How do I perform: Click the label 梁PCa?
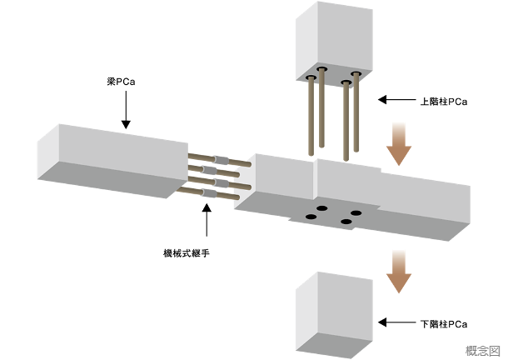(x=121, y=82)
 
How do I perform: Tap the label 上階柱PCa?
(x=444, y=102)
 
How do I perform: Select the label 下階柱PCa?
(x=444, y=324)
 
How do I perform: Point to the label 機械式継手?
(x=187, y=253)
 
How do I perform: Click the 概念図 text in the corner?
(x=483, y=351)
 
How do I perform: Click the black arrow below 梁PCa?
(x=126, y=110)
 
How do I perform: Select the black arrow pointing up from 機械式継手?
(x=207, y=219)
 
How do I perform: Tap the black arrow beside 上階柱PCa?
(x=397, y=99)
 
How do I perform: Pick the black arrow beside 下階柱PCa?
(x=397, y=322)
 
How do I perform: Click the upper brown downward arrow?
(x=399, y=144)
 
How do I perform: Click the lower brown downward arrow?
(x=399, y=272)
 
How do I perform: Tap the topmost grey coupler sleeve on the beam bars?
(x=222, y=160)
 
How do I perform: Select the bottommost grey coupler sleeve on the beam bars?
(x=209, y=193)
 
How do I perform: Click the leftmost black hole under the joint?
(x=311, y=217)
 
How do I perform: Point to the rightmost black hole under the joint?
(x=356, y=213)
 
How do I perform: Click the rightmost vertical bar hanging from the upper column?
(x=356, y=112)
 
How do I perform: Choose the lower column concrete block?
(x=334, y=315)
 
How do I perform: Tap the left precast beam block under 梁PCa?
(x=112, y=161)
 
